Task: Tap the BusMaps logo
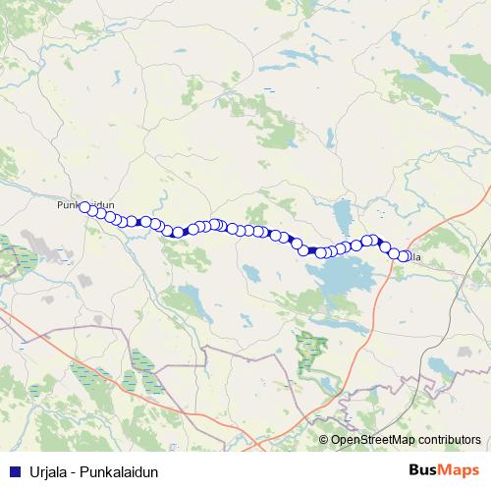coord(443,471)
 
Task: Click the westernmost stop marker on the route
coord(85,207)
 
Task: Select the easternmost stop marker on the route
coord(405,257)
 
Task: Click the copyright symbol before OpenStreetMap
coord(323,440)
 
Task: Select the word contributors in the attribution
coord(447,440)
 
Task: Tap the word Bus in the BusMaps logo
coord(424,471)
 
